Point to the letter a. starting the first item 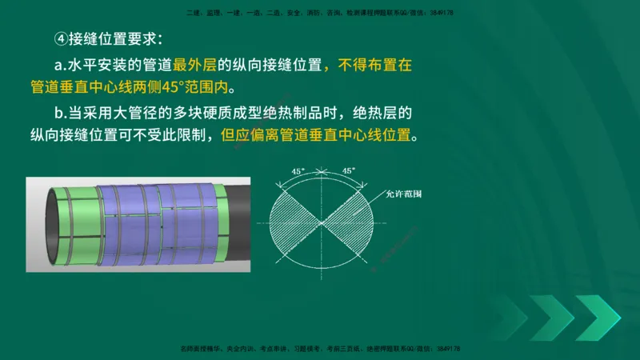(66, 64)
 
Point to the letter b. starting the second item (66, 112)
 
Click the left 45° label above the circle (298, 171)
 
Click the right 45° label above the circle (348, 171)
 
